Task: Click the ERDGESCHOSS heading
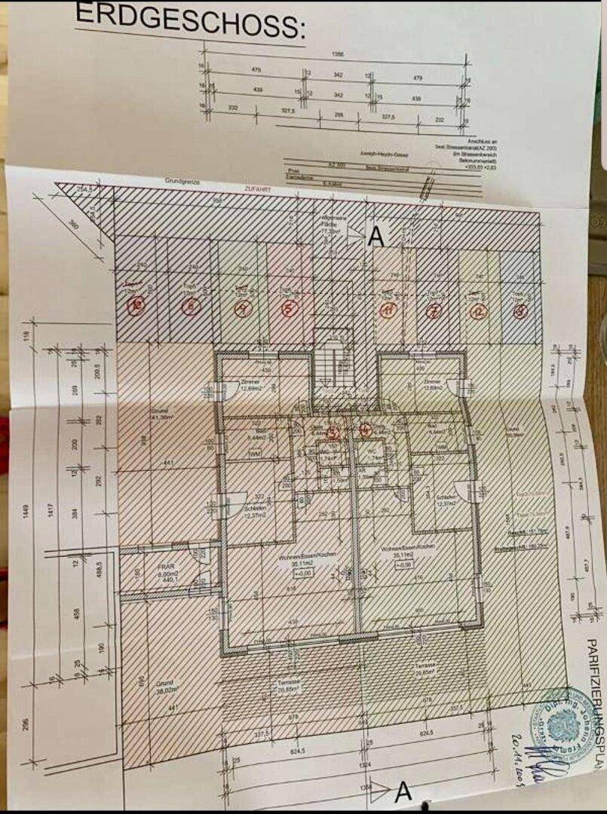189,21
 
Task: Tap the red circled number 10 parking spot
136,305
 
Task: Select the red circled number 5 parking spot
287,308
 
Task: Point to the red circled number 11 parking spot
387,310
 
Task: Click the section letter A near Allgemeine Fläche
376,237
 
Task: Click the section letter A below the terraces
403,791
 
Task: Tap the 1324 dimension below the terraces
365,764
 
